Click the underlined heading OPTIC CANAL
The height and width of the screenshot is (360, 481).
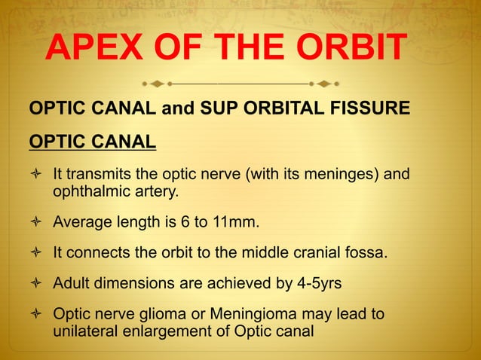[92, 141]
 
